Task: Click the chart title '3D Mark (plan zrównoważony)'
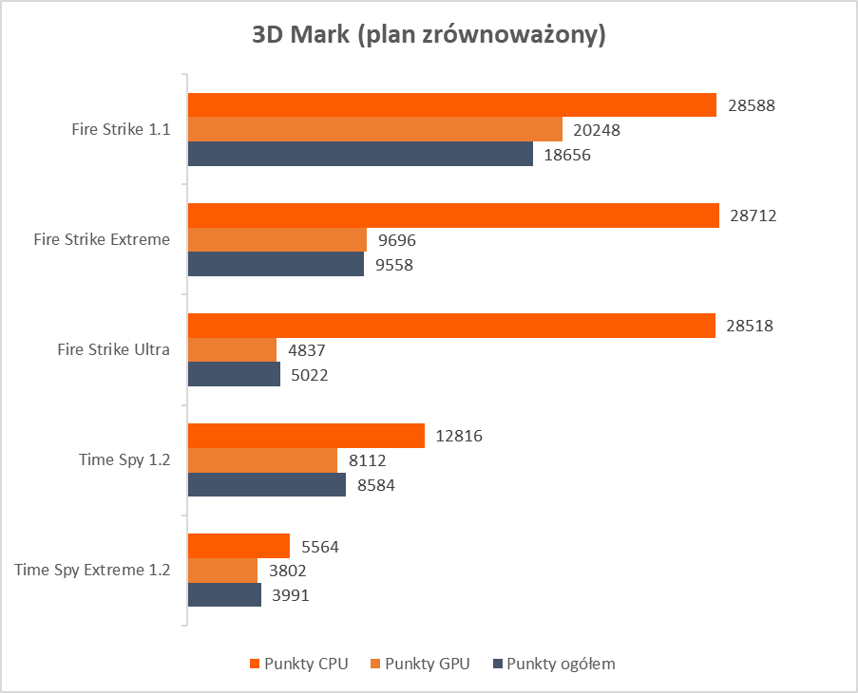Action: pyautogui.click(x=429, y=36)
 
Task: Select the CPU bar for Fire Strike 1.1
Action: pyautogui.click(x=451, y=105)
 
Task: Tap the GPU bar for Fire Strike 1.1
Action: pyautogui.click(x=374, y=130)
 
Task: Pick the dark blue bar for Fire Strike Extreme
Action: pyautogui.click(x=276, y=265)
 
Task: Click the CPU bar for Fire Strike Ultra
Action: pyautogui.click(x=451, y=326)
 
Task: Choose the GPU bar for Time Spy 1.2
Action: pyautogui.click(x=262, y=460)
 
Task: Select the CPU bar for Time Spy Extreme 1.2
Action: pyautogui.click(x=238, y=546)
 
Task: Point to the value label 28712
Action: pyautogui.click(x=753, y=215)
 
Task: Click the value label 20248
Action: pyautogui.click(x=597, y=130)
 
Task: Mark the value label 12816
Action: pyautogui.click(x=460, y=437)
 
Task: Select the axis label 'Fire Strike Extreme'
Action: pyautogui.click(x=102, y=239)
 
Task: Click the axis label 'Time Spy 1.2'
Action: pyautogui.click(x=124, y=460)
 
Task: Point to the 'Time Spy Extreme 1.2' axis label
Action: pyautogui.click(x=93, y=571)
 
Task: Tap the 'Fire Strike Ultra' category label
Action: pyautogui.click(x=114, y=349)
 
